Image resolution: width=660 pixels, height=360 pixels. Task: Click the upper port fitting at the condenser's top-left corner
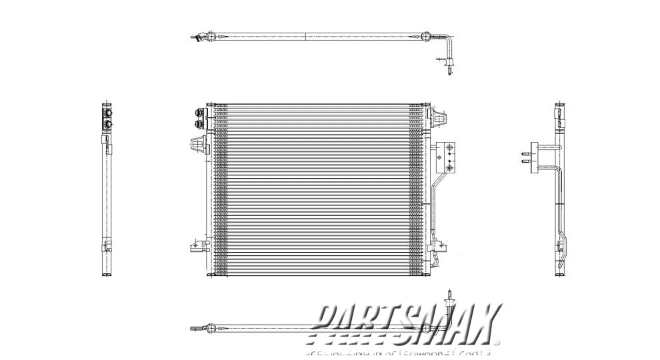[x=197, y=113]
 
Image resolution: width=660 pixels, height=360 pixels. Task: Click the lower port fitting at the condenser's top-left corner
[x=197, y=123]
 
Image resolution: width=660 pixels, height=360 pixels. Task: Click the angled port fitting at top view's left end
[x=197, y=39]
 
